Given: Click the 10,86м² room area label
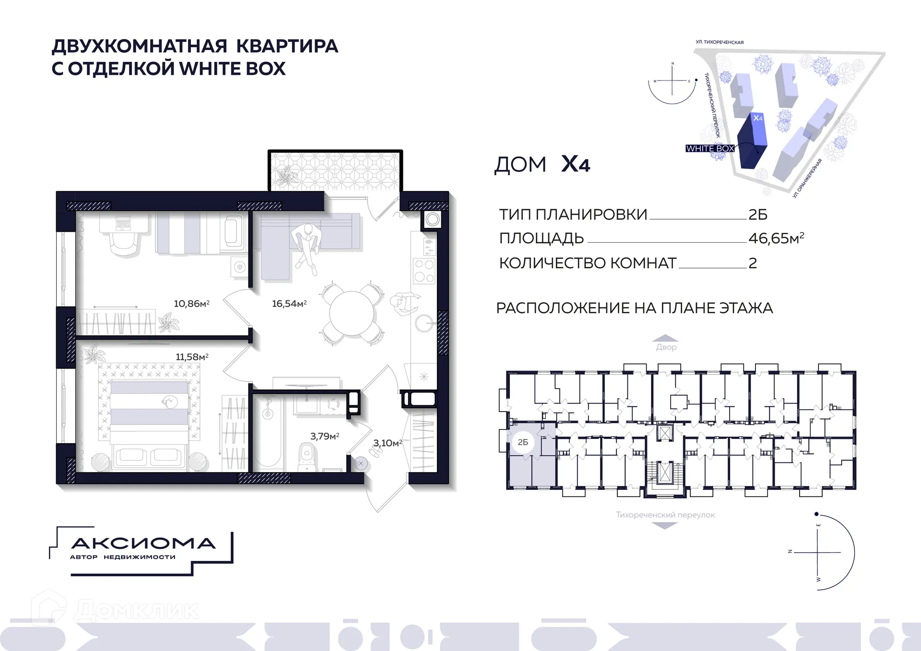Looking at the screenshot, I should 191,304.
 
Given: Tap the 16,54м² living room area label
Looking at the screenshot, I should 289,304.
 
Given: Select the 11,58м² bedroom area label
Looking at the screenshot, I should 192,357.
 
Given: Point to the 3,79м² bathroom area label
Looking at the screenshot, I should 325,436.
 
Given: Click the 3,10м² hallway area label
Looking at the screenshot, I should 388,443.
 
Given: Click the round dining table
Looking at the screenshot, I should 352,314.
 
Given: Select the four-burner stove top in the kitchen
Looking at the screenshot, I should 424,271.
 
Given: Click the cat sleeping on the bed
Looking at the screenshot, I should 168,401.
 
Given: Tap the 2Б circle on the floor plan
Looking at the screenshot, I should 523,442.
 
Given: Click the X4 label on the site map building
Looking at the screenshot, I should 758,118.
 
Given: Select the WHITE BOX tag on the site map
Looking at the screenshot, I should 710,148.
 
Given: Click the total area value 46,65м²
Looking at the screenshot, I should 776,238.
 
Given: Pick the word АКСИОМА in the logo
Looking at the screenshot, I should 143,544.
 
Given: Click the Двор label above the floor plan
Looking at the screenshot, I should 666,347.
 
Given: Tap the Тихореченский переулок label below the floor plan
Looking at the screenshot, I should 665,515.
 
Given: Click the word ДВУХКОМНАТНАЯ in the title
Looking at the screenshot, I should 140,47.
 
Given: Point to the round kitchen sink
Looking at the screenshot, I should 425,323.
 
